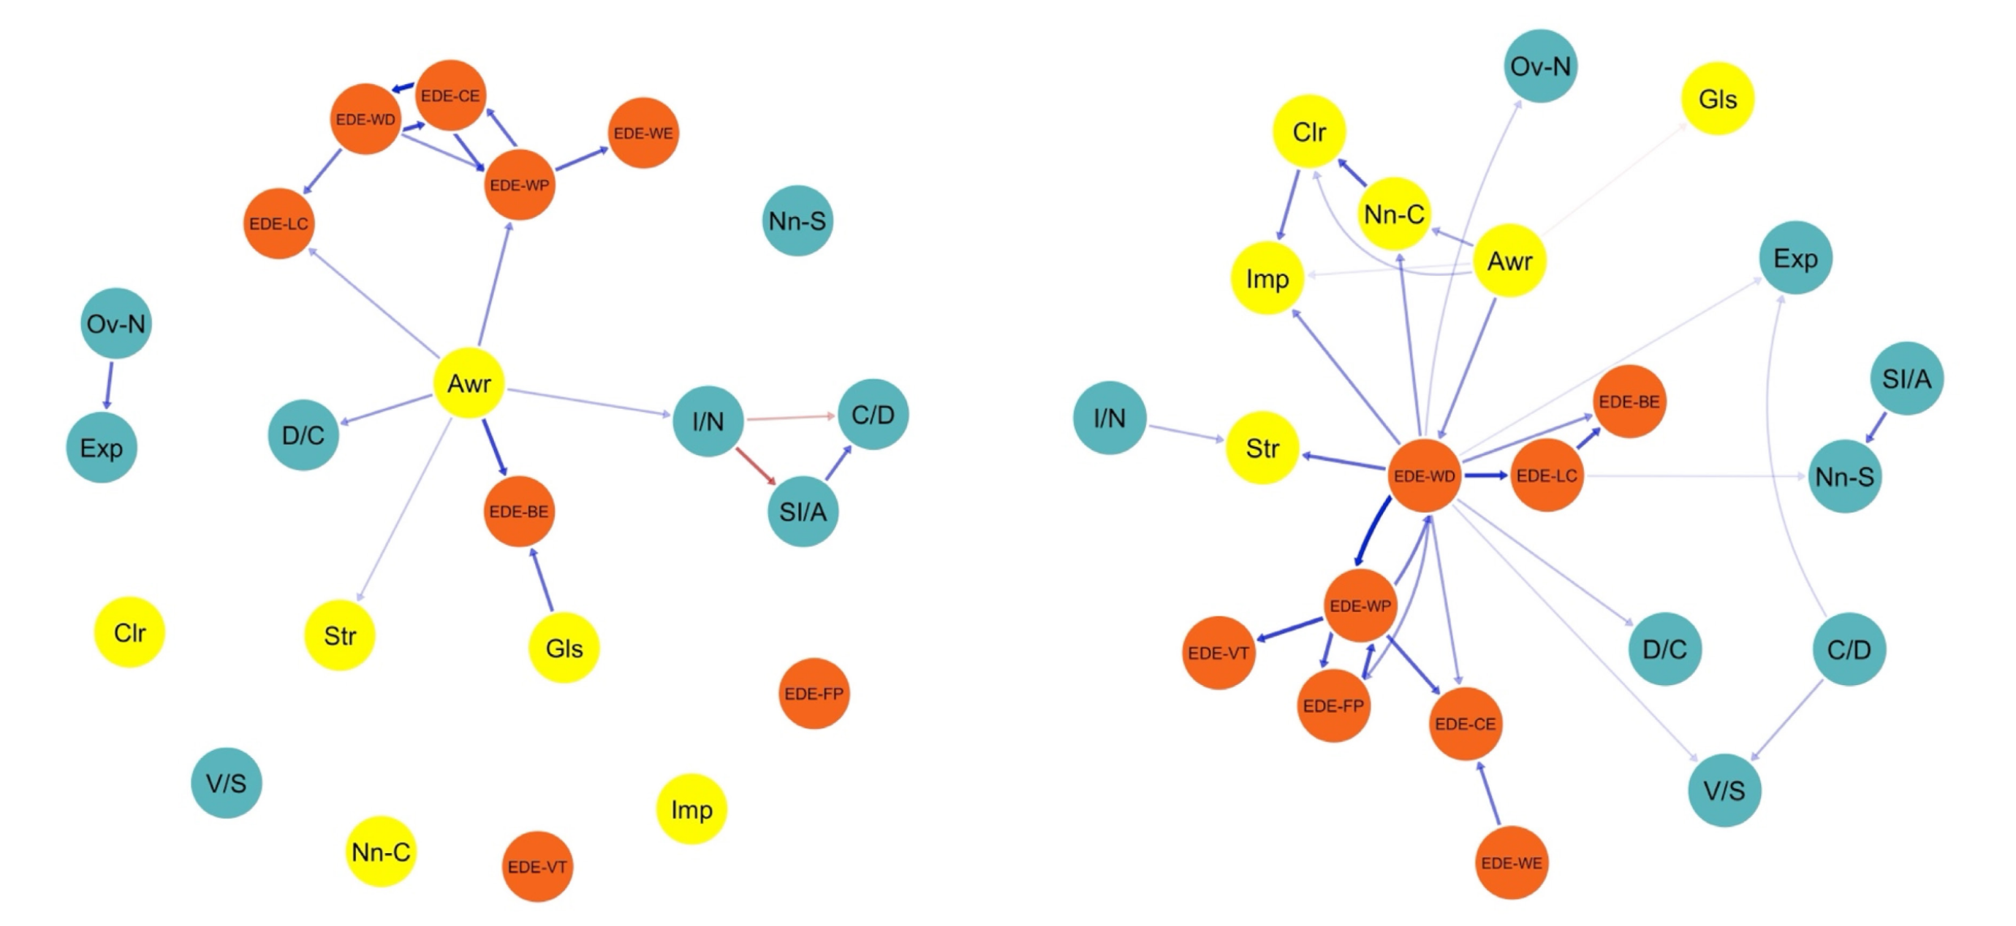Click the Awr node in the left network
tap(468, 383)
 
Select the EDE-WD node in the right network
tap(1425, 475)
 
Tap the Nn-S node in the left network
tap(797, 221)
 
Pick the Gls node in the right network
tap(1717, 99)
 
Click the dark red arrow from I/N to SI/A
tap(755, 466)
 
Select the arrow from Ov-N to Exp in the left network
tap(109, 385)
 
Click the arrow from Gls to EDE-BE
tap(542, 580)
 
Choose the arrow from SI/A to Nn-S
tap(1876, 427)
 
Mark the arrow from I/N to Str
tap(1186, 432)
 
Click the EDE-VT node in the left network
tap(537, 867)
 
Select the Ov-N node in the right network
tap(1540, 66)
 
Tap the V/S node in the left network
tap(226, 783)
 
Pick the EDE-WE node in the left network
tap(643, 133)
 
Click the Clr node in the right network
tap(1308, 131)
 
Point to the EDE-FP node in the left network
tap(814, 694)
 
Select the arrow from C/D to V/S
tap(1787, 719)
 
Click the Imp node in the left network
tap(691, 809)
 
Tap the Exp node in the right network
tap(1795, 258)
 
